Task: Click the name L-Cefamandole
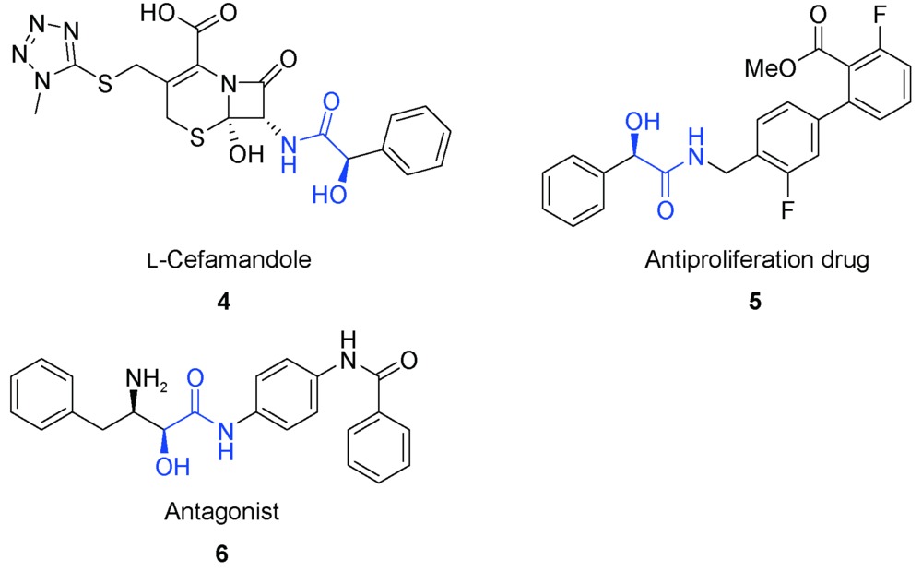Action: [x=230, y=259]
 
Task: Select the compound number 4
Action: [x=223, y=302]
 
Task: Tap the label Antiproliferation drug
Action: [x=757, y=259]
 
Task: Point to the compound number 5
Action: [x=755, y=302]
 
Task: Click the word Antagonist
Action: [x=221, y=512]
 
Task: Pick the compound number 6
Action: [x=221, y=554]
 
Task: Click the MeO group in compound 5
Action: [x=770, y=68]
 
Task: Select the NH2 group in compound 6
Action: [x=146, y=379]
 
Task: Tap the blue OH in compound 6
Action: [x=173, y=467]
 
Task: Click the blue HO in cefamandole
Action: [x=329, y=194]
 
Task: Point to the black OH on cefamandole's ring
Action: [x=246, y=153]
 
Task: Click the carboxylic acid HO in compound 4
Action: [x=158, y=14]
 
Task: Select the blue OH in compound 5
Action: [x=643, y=121]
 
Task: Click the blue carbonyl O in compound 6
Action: [x=195, y=378]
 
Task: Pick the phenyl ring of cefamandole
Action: [x=417, y=140]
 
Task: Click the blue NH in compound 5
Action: [x=696, y=149]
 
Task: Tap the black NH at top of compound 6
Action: [x=349, y=350]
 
